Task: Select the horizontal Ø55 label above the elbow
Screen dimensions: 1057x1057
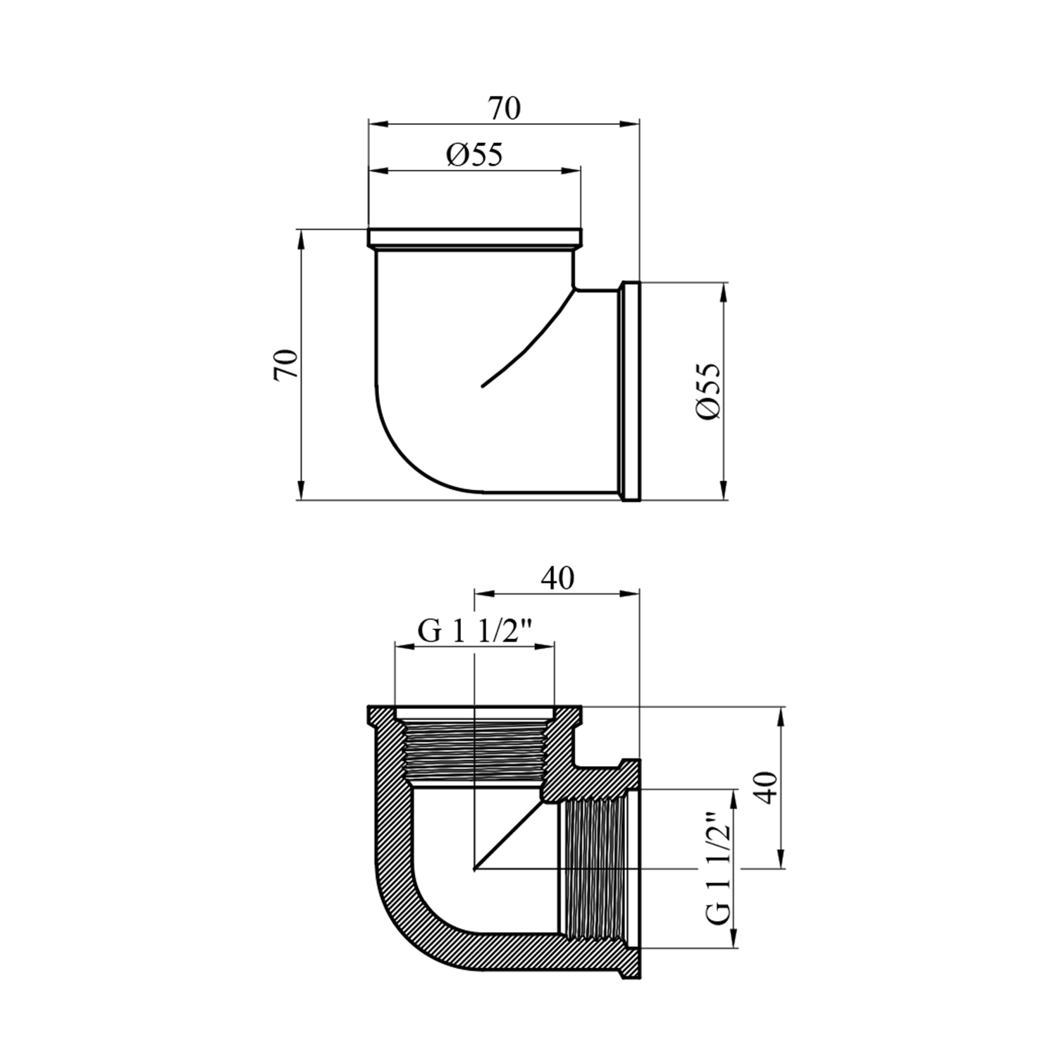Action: [x=474, y=154]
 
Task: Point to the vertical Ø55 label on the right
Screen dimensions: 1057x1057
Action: [x=708, y=392]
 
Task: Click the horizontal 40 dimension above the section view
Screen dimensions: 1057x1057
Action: [x=557, y=579]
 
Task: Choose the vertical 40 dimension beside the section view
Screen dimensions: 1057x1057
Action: [x=767, y=788]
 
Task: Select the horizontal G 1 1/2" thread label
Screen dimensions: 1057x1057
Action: [x=474, y=631]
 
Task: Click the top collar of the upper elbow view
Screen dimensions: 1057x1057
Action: [x=475, y=237]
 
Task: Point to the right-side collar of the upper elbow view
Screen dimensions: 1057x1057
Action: [x=630, y=391]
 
